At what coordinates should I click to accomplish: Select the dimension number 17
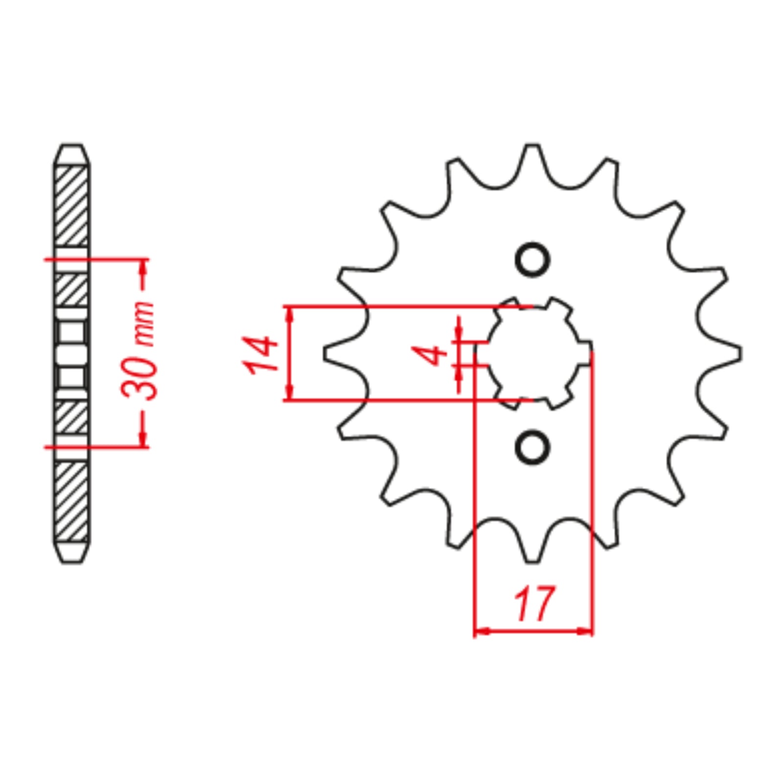534,603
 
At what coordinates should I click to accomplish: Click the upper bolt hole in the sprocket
532,260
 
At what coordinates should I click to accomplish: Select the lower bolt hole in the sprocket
532,447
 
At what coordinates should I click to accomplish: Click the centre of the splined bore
533,352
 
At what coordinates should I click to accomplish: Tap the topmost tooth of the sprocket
532,152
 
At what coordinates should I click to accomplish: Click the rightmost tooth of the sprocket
734,353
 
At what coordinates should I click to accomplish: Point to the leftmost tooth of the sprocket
330,353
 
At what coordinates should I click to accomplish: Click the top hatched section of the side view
72,206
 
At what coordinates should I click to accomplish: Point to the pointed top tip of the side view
72,145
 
